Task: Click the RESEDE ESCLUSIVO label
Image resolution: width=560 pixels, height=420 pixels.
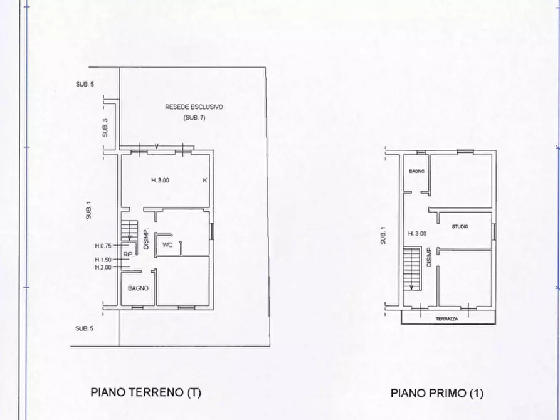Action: (x=194, y=107)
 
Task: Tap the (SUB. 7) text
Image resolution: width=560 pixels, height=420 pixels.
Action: (x=194, y=118)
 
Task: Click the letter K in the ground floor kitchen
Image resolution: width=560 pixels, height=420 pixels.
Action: (x=204, y=181)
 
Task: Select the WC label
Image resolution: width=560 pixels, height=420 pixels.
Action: (x=167, y=244)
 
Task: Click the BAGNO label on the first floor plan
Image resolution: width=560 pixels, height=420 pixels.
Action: (x=417, y=171)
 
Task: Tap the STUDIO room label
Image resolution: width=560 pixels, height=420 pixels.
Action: (x=460, y=226)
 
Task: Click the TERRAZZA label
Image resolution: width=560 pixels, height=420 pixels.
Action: (x=447, y=318)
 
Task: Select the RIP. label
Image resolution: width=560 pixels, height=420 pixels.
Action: (x=127, y=254)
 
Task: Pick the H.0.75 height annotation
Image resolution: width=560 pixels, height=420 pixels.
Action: (x=103, y=246)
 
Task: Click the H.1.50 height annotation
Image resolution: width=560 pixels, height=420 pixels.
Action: (x=103, y=260)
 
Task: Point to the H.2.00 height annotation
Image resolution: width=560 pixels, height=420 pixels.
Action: (x=103, y=268)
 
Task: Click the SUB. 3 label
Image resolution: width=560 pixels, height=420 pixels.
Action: (x=105, y=129)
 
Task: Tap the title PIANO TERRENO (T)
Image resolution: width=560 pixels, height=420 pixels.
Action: (x=145, y=393)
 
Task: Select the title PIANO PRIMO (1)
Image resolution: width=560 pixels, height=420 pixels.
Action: (x=437, y=394)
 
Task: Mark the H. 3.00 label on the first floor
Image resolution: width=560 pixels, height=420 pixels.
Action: (x=417, y=233)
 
